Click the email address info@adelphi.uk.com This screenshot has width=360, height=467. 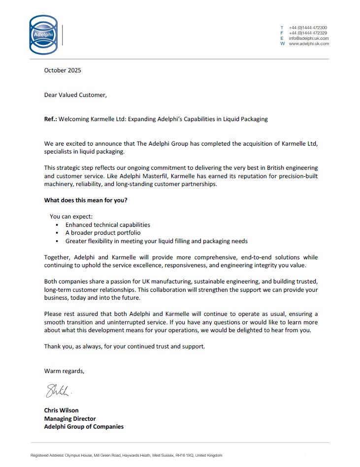[308, 38]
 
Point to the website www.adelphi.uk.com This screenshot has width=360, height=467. [308, 44]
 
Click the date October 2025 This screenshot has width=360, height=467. [63, 70]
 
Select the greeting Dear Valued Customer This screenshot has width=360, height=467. [75, 95]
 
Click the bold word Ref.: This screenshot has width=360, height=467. [51, 119]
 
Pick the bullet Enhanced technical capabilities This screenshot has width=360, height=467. [107, 225]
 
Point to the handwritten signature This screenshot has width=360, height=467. [59, 392]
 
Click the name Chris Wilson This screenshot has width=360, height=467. [61, 410]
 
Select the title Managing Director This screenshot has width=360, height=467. [70, 419]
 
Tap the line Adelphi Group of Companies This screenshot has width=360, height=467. [84, 427]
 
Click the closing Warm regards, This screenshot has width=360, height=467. [64, 371]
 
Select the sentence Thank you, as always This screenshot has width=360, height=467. [124, 346]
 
